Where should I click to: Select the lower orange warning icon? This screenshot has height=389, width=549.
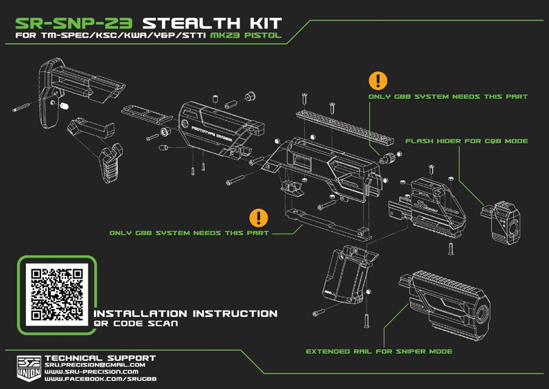click(x=259, y=218)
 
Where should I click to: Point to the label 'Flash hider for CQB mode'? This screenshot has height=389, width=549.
click(x=466, y=141)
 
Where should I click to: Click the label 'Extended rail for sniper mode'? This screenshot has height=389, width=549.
click(x=379, y=351)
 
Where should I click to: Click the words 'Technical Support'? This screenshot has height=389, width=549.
click(x=100, y=357)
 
